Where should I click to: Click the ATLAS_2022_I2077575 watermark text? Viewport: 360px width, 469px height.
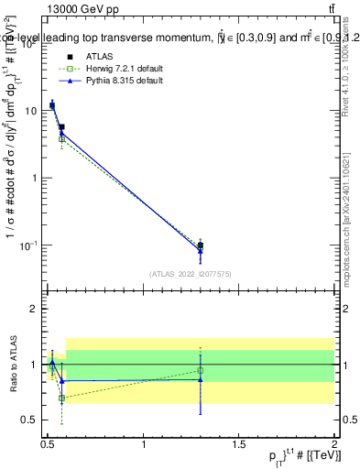tap(191, 274)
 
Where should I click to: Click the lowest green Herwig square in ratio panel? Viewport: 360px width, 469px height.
tap(61, 398)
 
